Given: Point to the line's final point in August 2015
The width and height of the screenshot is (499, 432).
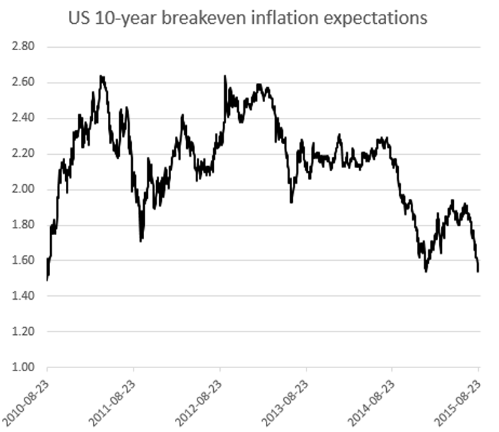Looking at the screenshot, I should tap(478, 271).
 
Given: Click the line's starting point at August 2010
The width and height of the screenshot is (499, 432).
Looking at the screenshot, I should tap(47, 279).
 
